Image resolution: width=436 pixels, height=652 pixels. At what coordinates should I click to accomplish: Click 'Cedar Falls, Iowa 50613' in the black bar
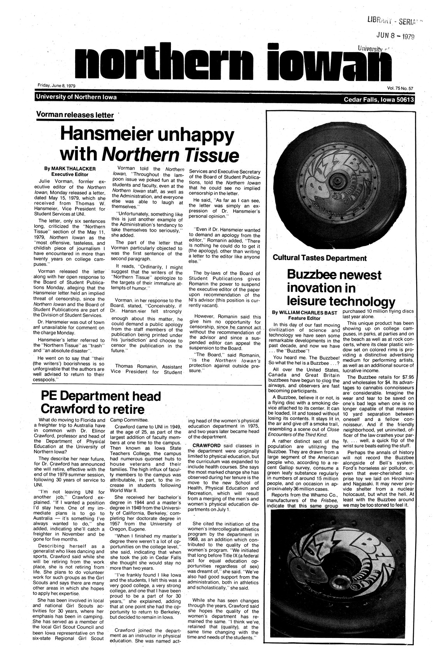[380, 100]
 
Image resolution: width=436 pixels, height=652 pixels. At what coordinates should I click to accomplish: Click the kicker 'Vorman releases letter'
[75, 115]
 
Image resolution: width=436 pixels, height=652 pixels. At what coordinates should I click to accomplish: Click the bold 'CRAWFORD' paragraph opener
[206, 445]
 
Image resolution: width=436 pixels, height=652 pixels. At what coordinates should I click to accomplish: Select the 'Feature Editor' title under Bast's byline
[304, 318]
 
